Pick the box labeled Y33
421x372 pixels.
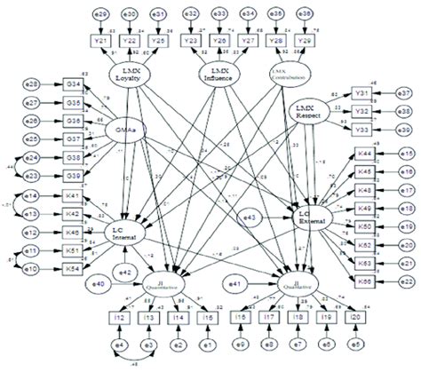(363, 129)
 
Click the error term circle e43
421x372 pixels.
(251, 217)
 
